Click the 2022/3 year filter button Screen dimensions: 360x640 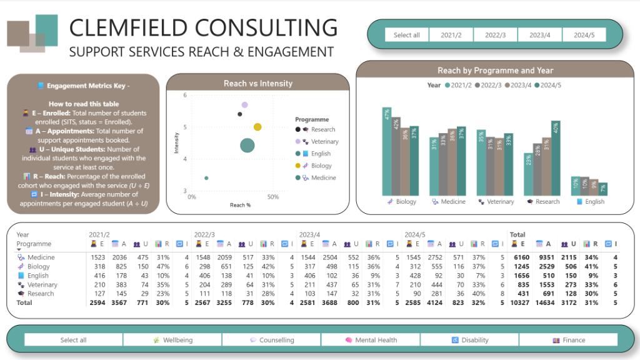[x=496, y=35]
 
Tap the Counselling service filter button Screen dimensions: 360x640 [x=271, y=340]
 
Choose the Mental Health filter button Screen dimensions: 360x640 [x=371, y=340]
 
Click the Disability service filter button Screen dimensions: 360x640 [x=469, y=340]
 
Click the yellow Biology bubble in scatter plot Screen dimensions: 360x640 [x=257, y=127]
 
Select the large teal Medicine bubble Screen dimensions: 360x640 [x=247, y=146]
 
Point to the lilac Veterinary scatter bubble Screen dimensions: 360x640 [x=245, y=105]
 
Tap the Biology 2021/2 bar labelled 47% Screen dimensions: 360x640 [x=387, y=151]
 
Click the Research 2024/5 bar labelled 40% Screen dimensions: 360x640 [x=556, y=158]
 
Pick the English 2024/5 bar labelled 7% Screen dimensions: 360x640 [x=603, y=189]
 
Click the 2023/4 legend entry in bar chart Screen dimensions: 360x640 [x=517, y=85]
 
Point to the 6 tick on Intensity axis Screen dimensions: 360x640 [x=185, y=95]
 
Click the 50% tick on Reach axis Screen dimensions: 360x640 [x=272, y=197]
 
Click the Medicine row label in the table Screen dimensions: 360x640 [x=41, y=257]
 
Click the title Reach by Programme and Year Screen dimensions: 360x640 [x=495, y=71]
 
